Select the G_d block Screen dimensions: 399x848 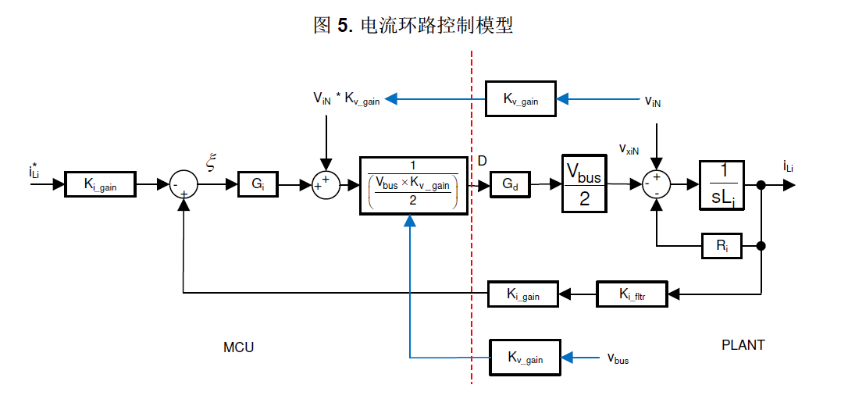tap(511, 186)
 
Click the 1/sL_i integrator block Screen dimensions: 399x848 tap(722, 185)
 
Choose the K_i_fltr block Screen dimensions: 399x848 tap(632, 294)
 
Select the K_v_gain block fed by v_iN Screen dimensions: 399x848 tap(521, 98)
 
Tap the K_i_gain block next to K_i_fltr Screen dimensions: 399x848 tap(525, 294)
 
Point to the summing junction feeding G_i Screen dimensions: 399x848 tap(184, 186)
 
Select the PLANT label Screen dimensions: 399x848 tap(743, 344)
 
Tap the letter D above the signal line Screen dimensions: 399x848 tap(483, 162)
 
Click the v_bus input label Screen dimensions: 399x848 tap(618, 358)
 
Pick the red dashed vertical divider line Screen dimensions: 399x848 tap(472, 234)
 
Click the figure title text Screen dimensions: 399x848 tap(413, 25)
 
